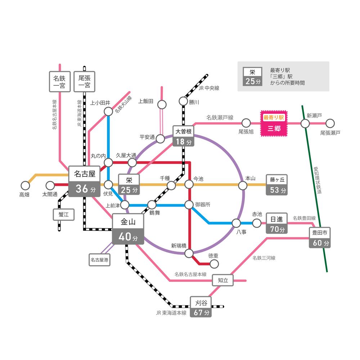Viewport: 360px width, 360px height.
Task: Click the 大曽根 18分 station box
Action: (x=183, y=136)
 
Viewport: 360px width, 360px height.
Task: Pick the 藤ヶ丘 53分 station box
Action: (x=277, y=185)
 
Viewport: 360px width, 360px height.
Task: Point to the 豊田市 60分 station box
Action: (x=320, y=238)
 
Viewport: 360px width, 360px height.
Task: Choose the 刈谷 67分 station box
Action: (x=201, y=307)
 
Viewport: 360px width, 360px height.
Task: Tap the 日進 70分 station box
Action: (x=277, y=223)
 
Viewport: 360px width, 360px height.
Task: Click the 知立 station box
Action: (x=223, y=280)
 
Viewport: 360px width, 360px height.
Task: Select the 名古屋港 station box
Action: (x=100, y=259)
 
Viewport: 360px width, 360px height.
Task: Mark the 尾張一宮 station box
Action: (x=85, y=81)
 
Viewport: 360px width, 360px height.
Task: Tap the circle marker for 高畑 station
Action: (x=25, y=185)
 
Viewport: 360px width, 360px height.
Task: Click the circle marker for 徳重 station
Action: (x=214, y=264)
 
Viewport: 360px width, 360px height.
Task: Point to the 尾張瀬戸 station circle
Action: (x=330, y=123)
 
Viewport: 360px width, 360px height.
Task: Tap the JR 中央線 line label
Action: (x=209, y=88)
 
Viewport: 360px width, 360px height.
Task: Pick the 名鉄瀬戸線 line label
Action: (x=220, y=117)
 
